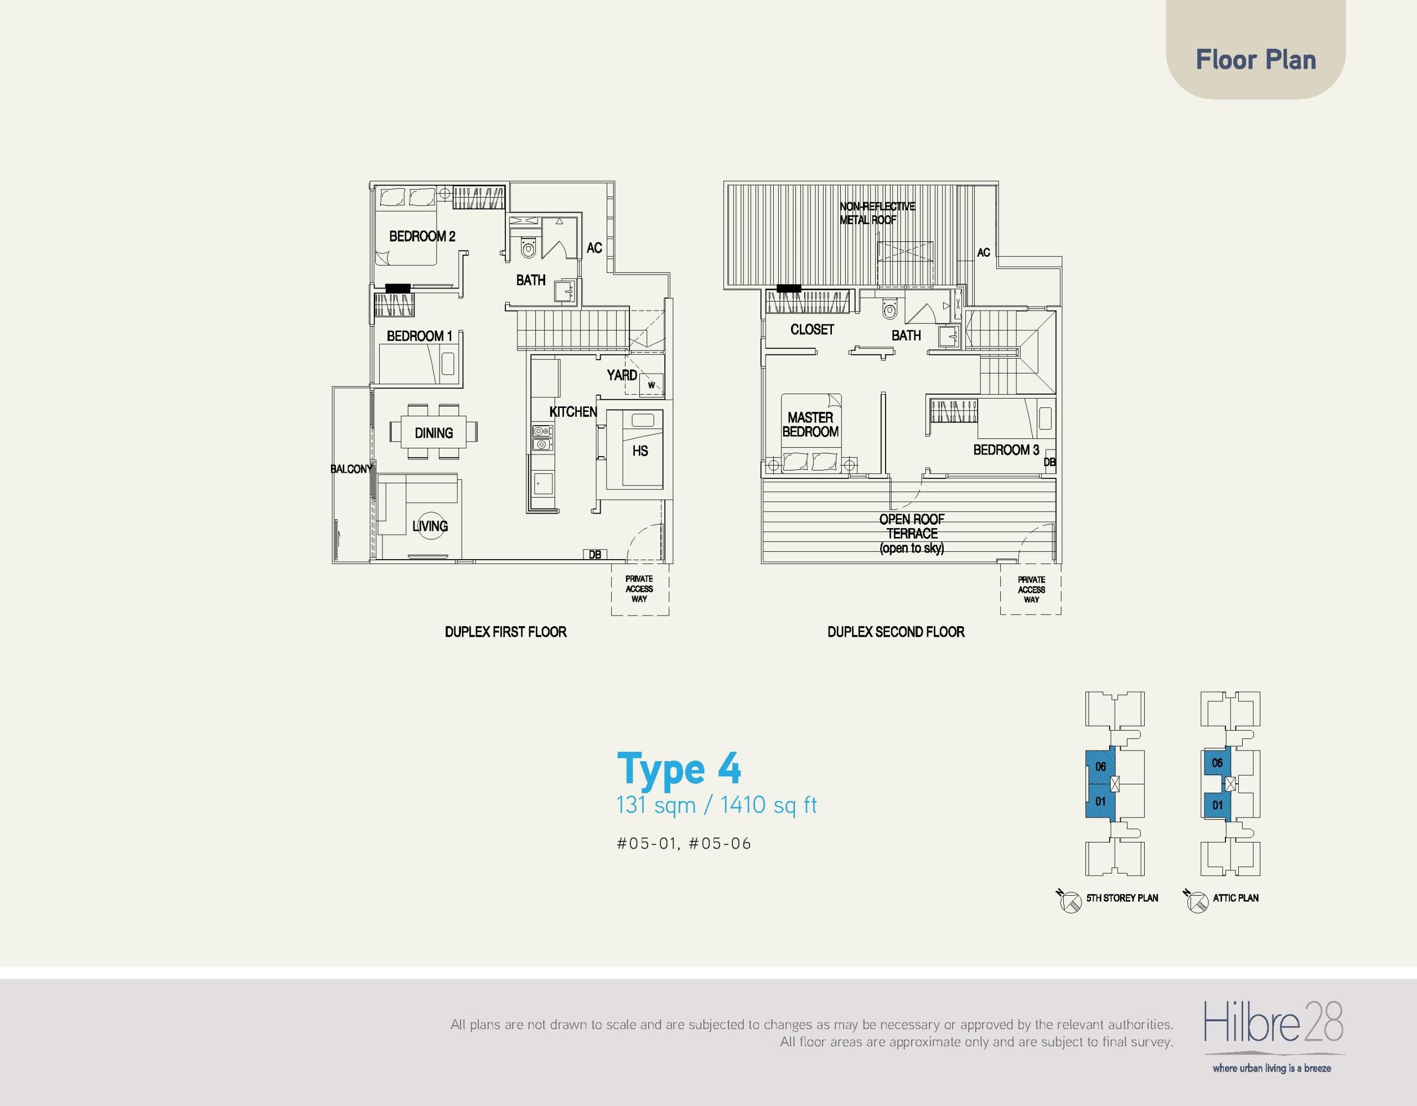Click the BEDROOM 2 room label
tap(422, 236)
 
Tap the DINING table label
tap(434, 433)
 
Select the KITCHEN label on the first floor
tap(573, 412)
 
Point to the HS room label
tap(640, 451)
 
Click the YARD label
tap(622, 375)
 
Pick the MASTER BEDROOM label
tap(810, 424)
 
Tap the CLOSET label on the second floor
tap(811, 329)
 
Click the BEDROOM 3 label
tap(1006, 449)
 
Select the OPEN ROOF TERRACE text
tap(912, 533)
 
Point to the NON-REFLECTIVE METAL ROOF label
tap(877, 213)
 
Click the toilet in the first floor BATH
tap(529, 247)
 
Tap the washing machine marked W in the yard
tap(651, 385)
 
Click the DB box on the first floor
tap(594, 555)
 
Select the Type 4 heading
tap(679, 769)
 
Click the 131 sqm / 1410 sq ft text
tap(716, 805)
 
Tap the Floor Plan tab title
tap(1256, 60)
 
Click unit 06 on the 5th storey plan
tap(1100, 767)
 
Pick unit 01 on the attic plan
tap(1217, 805)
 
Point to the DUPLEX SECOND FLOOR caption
tap(896, 632)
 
